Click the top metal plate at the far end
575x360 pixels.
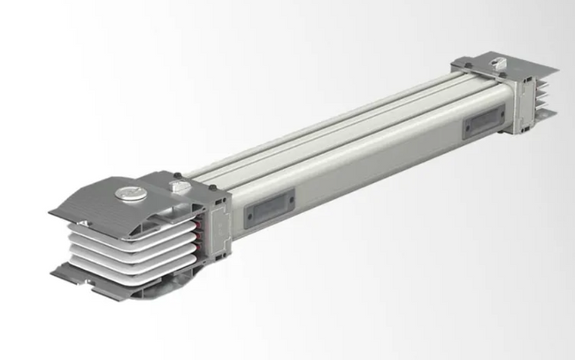(x=504, y=65)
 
